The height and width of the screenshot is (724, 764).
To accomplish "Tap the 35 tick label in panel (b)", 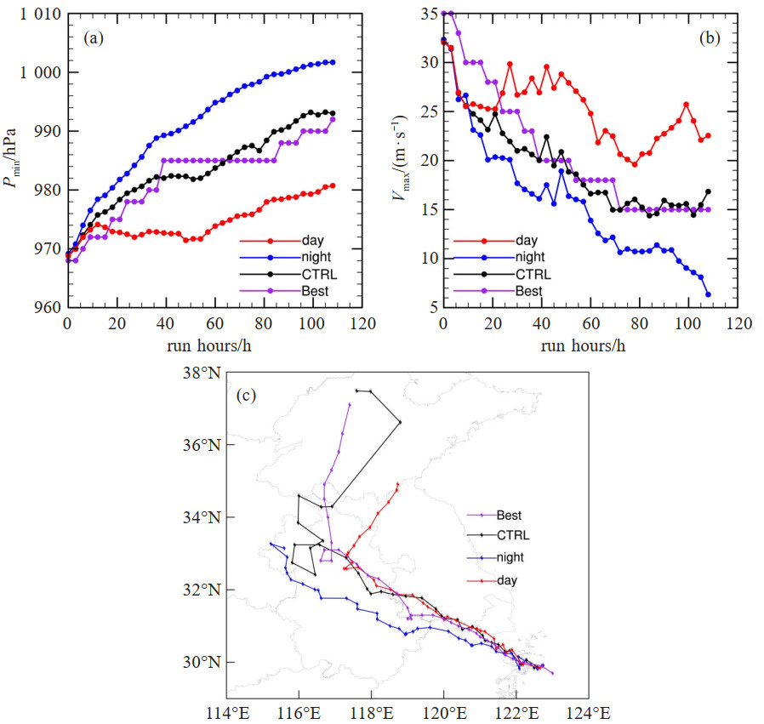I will [426, 14].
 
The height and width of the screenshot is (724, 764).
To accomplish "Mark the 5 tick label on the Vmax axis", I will [430, 308].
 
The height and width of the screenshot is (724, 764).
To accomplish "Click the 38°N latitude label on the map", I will [205, 373].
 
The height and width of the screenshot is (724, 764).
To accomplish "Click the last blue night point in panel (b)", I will [708, 294].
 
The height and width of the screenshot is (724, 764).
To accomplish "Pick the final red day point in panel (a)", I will [333, 185].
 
